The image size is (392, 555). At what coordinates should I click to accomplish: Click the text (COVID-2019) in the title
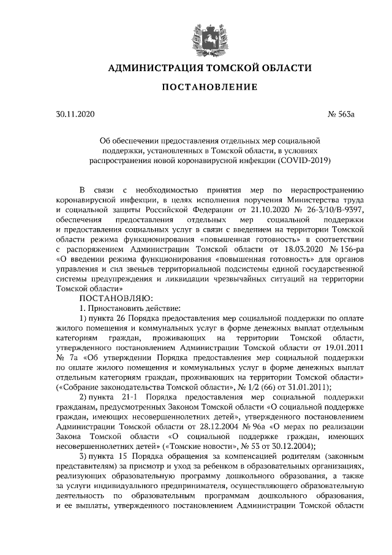[x=304, y=161]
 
